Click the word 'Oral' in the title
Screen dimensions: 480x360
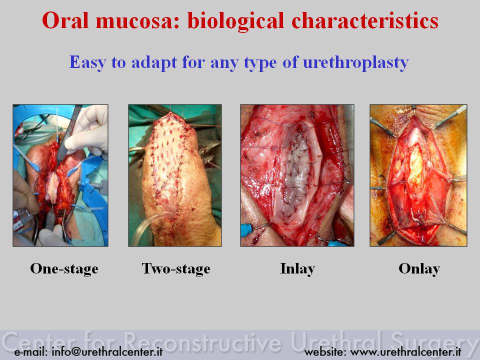coord(65,20)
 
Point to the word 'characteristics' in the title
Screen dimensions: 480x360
coord(365,20)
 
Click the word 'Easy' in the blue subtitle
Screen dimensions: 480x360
coord(87,63)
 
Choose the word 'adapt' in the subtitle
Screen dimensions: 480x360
coord(154,63)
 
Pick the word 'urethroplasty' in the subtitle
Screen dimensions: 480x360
coord(355,63)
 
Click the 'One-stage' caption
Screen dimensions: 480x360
coord(64,268)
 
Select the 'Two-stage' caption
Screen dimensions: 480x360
coord(175,268)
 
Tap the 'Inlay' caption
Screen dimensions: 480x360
coord(297,268)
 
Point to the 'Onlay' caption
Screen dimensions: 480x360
coord(419,268)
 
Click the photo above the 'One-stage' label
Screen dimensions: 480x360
coord(60,175)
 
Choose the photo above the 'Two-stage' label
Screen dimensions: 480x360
coord(175,175)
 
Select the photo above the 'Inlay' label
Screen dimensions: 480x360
coord(297,175)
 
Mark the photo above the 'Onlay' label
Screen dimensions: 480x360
coord(418,175)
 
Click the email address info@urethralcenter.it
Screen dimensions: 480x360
coord(107,351)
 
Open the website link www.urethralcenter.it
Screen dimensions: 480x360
coord(405,351)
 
